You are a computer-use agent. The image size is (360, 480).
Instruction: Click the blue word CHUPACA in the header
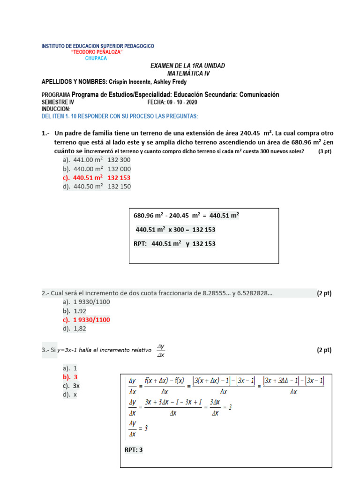pos(96,59)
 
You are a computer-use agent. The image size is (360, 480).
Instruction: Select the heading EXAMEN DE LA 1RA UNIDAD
pos(187,66)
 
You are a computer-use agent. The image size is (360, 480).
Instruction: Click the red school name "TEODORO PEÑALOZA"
pos(97,52)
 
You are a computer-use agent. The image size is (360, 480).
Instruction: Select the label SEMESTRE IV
pos(58,102)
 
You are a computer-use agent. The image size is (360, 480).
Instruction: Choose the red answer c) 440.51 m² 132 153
pos(96,178)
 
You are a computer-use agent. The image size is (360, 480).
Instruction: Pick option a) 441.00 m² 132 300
pos(96,160)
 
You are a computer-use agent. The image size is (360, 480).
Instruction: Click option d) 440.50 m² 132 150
pos(96,187)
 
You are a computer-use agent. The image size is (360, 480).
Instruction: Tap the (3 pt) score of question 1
pos(324,151)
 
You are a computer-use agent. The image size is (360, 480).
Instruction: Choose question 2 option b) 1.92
pos(74,311)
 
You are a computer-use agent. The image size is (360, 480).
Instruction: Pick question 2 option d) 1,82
pos(74,329)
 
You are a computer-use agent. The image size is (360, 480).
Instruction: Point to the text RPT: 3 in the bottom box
pos(133,450)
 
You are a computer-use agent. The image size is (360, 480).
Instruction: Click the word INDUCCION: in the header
pos(56,109)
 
